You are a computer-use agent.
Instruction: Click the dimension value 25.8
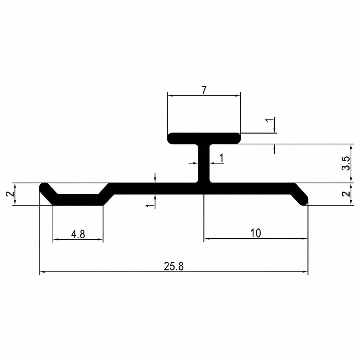(x=174, y=266)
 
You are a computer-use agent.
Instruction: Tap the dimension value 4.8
(x=78, y=234)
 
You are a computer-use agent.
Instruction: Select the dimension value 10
(x=256, y=233)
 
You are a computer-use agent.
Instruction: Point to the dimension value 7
(x=204, y=90)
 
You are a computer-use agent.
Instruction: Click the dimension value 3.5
(x=346, y=163)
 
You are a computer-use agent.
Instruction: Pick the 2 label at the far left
(x=10, y=194)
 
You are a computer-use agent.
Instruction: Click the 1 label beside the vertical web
(x=221, y=158)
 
